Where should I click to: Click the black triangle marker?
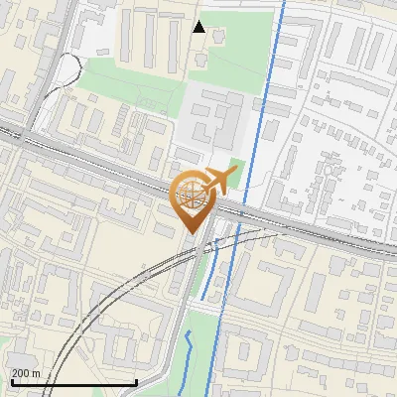pyautogui.click(x=199, y=27)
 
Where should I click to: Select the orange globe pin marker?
pyautogui.click(x=190, y=198)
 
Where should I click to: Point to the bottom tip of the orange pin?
pyautogui.click(x=190, y=234)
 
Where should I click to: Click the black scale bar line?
pyautogui.click(x=73, y=382)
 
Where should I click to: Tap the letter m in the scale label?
pyautogui.click(x=37, y=373)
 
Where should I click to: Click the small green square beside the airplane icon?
pyautogui.click(x=236, y=166)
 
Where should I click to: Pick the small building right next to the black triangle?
pyautogui.click(x=218, y=37)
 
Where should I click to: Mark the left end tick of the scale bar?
pyautogui.click(x=11, y=380)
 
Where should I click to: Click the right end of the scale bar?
pyautogui.click(x=136, y=380)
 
